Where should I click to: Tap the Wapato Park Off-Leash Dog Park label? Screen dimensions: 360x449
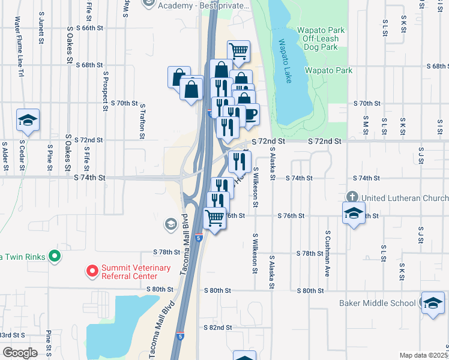(x=318, y=38)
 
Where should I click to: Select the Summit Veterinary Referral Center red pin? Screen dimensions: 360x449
(x=92, y=272)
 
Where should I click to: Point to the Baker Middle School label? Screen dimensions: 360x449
(x=377, y=303)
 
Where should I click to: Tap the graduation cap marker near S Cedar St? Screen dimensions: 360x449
(x=28, y=121)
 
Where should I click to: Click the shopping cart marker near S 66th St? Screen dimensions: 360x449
(x=238, y=52)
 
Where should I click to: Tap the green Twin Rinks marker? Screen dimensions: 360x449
(x=55, y=257)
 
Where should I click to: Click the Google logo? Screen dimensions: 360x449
(x=20, y=353)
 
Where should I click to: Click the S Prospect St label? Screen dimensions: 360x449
(x=105, y=87)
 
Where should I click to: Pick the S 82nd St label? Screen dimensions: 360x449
(x=217, y=328)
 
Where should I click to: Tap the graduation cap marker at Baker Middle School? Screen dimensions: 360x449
(x=432, y=303)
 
